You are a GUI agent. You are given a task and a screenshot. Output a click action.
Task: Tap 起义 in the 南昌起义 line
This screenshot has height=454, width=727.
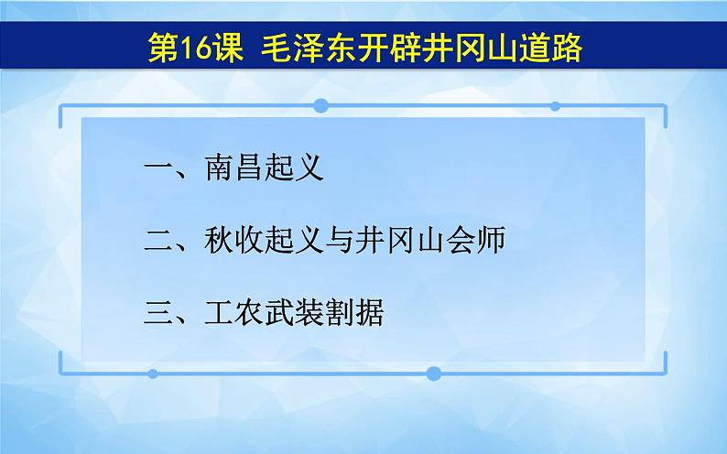(x=294, y=169)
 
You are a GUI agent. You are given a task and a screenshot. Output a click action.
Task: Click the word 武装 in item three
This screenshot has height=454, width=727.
(x=294, y=314)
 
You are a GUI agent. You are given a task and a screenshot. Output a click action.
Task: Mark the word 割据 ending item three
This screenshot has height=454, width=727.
(x=353, y=314)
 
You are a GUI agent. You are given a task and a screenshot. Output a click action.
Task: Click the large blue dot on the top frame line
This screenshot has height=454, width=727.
(x=320, y=105)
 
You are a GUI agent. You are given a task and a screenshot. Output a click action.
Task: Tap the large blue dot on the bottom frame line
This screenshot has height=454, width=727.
(x=434, y=373)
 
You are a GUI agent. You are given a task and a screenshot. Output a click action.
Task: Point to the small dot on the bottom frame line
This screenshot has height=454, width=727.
(x=152, y=373)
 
